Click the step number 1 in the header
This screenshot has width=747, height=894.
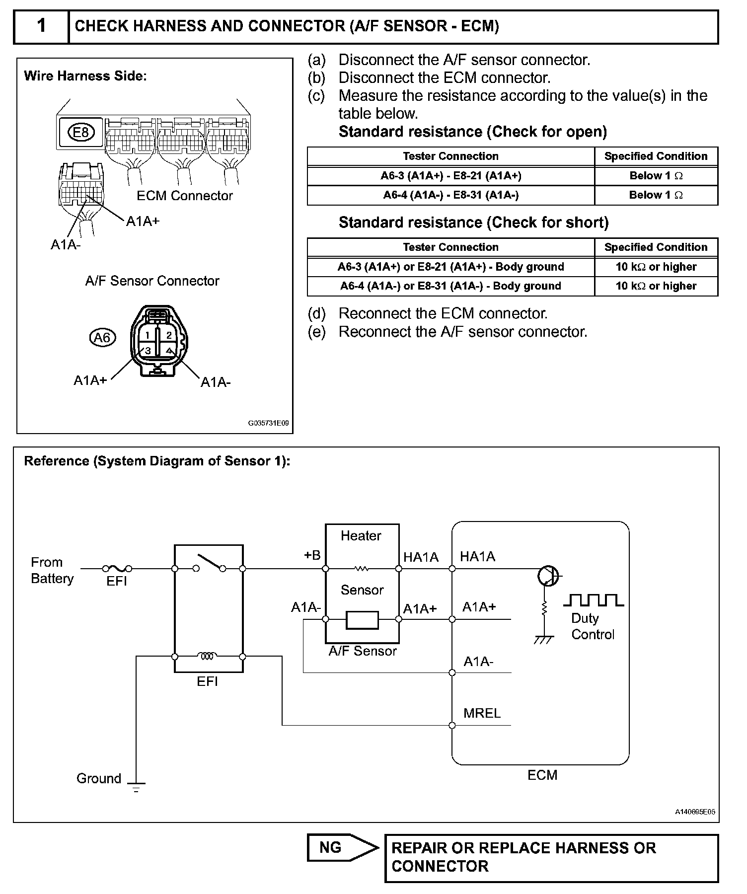(x=42, y=26)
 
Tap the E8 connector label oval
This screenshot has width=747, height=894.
(x=80, y=133)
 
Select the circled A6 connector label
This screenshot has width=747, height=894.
(x=102, y=338)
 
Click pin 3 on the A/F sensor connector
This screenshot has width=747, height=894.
(x=148, y=351)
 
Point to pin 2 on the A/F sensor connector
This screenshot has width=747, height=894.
(x=169, y=335)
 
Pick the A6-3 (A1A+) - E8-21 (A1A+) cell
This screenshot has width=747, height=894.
(x=450, y=176)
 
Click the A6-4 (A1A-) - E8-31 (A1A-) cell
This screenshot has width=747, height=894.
(x=450, y=195)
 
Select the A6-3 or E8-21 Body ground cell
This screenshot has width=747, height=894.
(x=450, y=267)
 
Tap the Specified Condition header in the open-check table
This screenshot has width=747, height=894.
(x=656, y=156)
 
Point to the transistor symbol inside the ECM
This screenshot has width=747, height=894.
(x=547, y=576)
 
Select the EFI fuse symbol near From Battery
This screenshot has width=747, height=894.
(x=117, y=569)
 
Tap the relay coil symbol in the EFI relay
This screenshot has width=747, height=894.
(x=208, y=656)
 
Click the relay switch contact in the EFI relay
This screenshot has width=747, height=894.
(x=209, y=564)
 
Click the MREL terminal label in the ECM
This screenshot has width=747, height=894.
(x=482, y=713)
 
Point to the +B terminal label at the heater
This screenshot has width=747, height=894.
(x=312, y=555)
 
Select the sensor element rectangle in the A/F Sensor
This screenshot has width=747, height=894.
(x=362, y=620)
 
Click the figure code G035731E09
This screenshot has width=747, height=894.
(x=268, y=424)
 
